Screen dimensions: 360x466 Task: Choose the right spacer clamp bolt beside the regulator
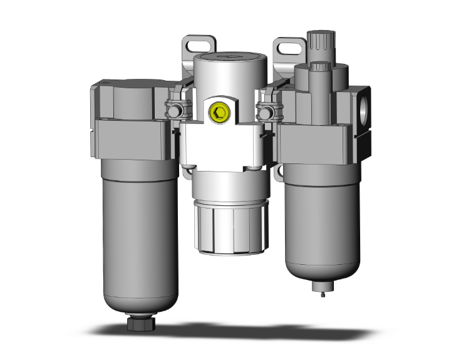point(266,113)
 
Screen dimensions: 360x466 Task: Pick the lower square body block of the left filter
point(132,139)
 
